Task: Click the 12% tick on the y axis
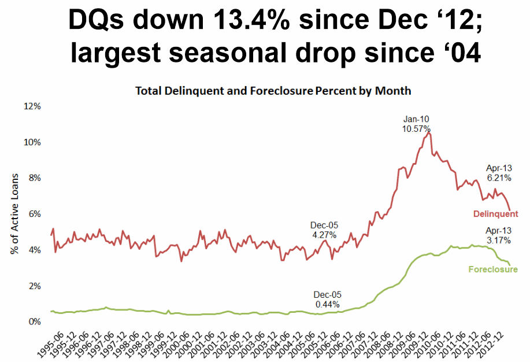pos(32,106)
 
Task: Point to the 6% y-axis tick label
pos(34,214)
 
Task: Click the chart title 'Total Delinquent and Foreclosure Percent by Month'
pos(273,91)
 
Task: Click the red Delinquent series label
pos(495,214)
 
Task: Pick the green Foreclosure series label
pos(492,269)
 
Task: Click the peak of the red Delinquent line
pos(429,133)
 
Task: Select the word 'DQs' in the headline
pos(97,21)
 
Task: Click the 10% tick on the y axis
pos(32,142)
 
